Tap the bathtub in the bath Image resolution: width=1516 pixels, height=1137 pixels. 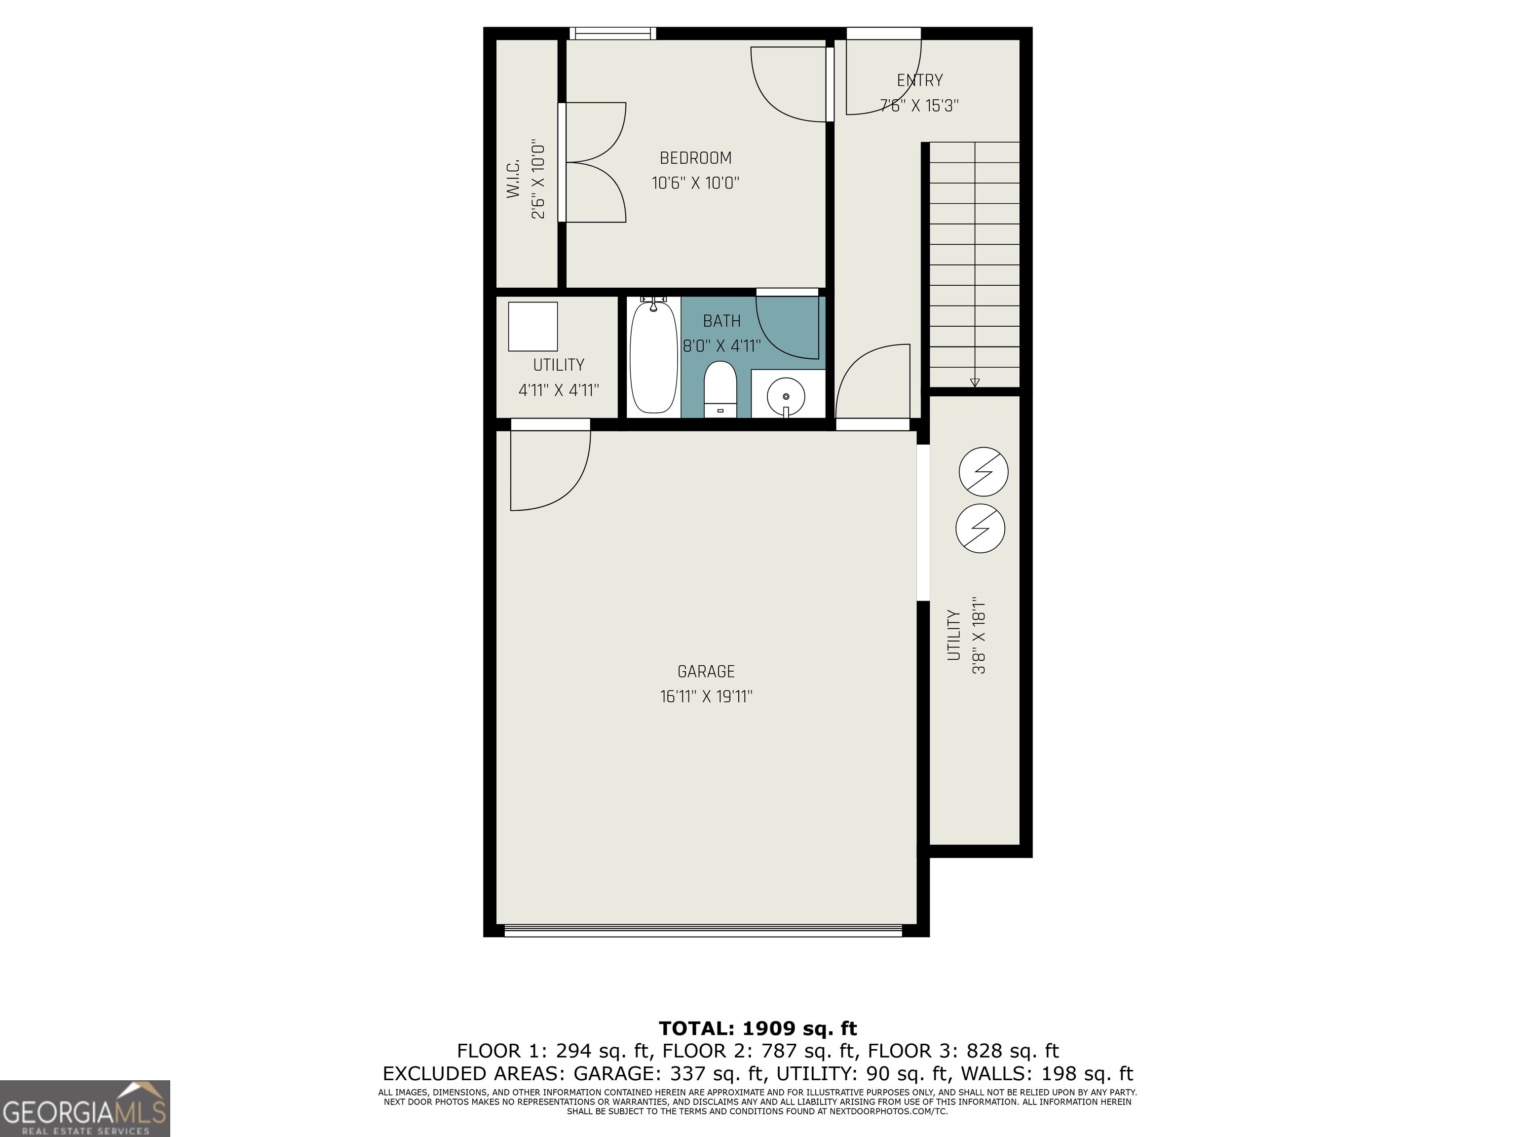(653, 357)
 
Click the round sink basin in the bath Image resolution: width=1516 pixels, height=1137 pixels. (786, 396)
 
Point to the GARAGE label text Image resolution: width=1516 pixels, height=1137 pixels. (705, 672)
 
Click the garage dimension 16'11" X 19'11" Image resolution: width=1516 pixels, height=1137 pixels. (705, 697)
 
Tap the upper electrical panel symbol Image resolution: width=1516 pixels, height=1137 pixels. (983, 471)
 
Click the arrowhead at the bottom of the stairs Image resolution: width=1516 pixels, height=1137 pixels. (975, 383)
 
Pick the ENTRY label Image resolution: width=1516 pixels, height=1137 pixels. (920, 80)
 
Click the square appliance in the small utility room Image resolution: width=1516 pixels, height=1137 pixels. (532, 327)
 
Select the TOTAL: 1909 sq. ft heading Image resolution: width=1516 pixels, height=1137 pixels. (758, 1028)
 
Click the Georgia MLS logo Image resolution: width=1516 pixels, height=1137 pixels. (84, 1108)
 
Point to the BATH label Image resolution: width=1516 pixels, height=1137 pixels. (721, 321)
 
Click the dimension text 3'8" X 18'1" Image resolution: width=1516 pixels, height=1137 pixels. (979, 635)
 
